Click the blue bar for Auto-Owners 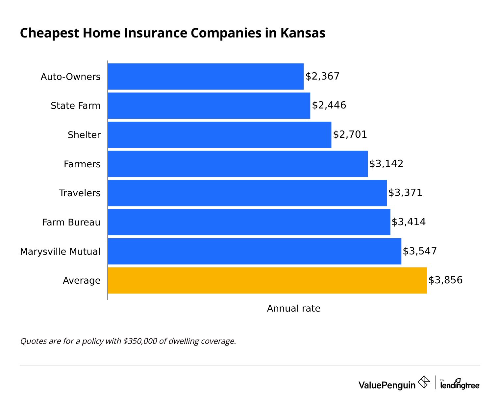click(x=206, y=76)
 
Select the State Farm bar click(x=209, y=106)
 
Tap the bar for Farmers click(x=238, y=164)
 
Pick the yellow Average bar click(x=267, y=280)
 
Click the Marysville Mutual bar click(x=254, y=251)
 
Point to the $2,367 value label click(x=322, y=76)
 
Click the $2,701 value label click(x=350, y=134)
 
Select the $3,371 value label click(x=405, y=193)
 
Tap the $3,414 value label click(x=409, y=222)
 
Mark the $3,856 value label click(x=445, y=280)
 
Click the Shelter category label click(x=84, y=135)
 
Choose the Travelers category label click(x=80, y=193)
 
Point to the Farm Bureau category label click(x=71, y=222)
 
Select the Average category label click(x=82, y=280)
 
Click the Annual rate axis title click(x=293, y=308)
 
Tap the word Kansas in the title click(x=303, y=33)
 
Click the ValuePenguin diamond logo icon click(x=424, y=382)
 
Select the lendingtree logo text click(x=460, y=385)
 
